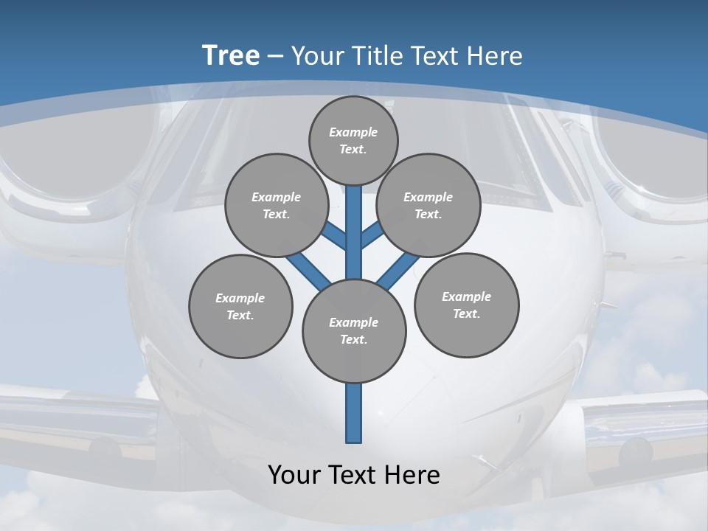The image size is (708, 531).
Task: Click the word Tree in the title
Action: (231, 55)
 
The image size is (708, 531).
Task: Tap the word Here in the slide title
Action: (494, 55)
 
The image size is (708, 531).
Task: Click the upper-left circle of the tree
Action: (276, 206)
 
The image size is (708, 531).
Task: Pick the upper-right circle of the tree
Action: (428, 206)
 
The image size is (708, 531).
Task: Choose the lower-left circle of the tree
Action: (240, 307)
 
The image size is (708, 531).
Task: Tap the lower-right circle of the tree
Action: (466, 305)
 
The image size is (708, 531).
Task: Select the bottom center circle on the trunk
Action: (354, 331)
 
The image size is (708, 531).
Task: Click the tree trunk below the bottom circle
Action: (354, 413)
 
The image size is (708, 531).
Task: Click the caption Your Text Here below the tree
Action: (354, 475)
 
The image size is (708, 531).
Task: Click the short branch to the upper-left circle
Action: (335, 236)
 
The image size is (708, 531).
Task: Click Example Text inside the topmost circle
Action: (353, 141)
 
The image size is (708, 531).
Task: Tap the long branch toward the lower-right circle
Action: (397, 270)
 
